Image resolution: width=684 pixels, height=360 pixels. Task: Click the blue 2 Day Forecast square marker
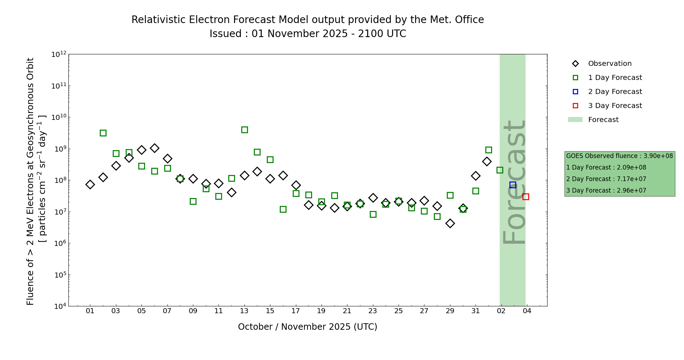(513, 185)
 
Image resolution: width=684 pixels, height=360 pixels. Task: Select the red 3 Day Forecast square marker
(526, 197)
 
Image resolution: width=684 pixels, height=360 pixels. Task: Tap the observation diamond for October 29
(450, 223)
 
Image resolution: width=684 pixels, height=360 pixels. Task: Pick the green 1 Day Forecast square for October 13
(244, 130)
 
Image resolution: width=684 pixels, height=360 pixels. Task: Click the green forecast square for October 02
(103, 133)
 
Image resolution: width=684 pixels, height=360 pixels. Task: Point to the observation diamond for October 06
(154, 148)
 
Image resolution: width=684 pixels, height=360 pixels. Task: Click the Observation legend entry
(609, 64)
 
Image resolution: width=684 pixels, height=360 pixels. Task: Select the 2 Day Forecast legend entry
(615, 92)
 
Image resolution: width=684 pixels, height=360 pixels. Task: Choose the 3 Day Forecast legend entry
(615, 106)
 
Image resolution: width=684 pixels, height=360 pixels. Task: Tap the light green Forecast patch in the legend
(575, 120)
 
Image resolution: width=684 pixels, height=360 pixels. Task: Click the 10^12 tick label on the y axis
(59, 54)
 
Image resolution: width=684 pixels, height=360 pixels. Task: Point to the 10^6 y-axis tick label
(59, 243)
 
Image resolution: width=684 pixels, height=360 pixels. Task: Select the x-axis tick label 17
(296, 311)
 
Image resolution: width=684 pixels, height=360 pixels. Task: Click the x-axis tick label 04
(527, 311)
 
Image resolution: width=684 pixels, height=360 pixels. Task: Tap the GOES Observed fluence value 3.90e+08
(658, 156)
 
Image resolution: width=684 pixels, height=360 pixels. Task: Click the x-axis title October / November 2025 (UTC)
(307, 327)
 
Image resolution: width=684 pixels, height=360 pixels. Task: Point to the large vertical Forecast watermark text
(514, 182)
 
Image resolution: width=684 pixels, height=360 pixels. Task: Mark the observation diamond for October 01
(90, 184)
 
